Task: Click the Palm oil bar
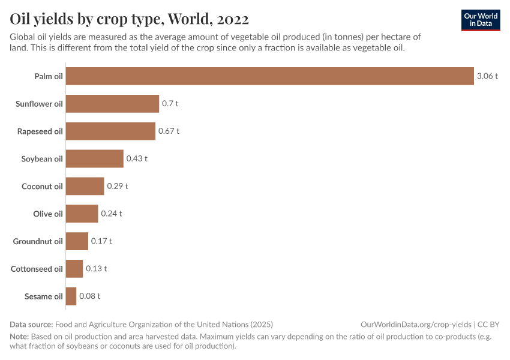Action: click(x=269, y=76)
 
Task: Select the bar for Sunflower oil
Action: click(x=112, y=104)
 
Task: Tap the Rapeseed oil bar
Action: click(x=110, y=131)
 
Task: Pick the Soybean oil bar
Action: click(x=94, y=158)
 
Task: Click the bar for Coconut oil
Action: click(x=85, y=186)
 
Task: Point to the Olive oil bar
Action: click(x=82, y=214)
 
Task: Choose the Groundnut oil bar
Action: click(x=77, y=241)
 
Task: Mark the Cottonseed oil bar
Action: click(x=74, y=269)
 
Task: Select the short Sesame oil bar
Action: click(x=71, y=296)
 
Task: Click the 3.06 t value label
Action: click(x=487, y=76)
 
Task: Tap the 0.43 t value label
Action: click(x=137, y=158)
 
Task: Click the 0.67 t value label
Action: click(x=169, y=131)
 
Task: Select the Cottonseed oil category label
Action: click(x=37, y=269)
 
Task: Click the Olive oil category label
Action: click(x=48, y=214)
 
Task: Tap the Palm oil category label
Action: click(x=49, y=76)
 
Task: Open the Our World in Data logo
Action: click(x=480, y=20)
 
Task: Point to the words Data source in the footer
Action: click(x=31, y=324)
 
